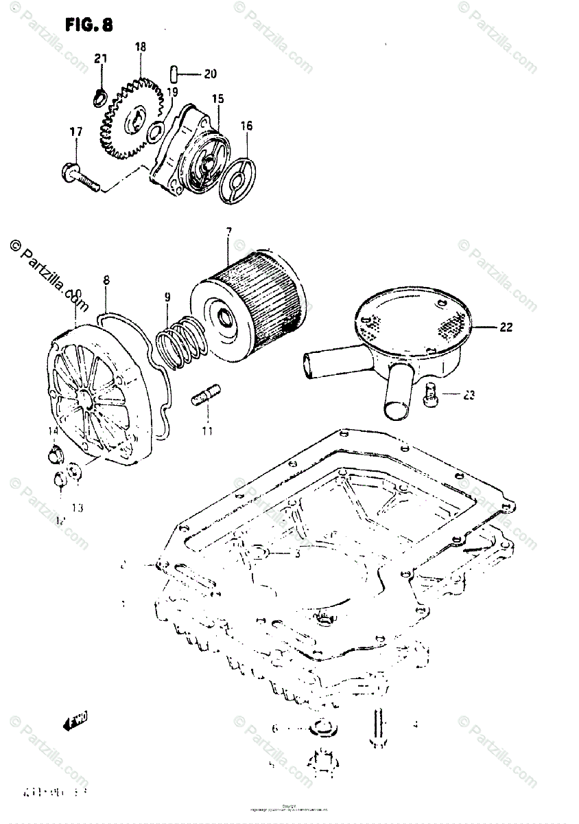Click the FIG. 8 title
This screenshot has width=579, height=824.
point(89,25)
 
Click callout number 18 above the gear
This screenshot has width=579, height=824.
point(141,47)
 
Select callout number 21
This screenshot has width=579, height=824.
point(101,60)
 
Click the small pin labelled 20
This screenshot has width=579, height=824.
point(174,73)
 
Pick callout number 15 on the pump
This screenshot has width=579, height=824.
point(217,100)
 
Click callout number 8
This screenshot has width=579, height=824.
point(106,280)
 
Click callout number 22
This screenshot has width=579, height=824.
point(506,328)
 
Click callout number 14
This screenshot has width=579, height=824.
point(53,431)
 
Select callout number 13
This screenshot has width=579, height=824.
point(77,507)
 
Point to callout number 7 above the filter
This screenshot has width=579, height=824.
point(228,231)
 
